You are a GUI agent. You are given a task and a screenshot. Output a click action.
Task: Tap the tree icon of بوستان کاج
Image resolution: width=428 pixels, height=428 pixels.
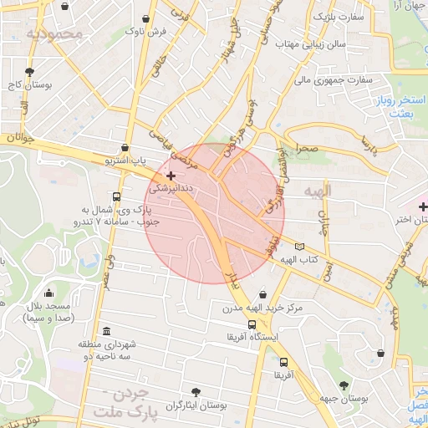click(29, 72)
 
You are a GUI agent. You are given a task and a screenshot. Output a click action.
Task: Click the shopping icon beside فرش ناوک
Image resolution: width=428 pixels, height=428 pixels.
click(146, 18)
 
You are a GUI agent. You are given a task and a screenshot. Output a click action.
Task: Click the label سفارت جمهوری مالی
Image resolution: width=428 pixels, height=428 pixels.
click(332, 80)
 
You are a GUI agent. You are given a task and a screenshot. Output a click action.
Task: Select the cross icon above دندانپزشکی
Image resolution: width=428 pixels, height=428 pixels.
click(171, 176)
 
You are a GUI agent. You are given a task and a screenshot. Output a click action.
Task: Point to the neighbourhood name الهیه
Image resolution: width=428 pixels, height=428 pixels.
click(318, 191)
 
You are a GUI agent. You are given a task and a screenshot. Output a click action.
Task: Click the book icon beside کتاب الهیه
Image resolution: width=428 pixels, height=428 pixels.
click(300, 247)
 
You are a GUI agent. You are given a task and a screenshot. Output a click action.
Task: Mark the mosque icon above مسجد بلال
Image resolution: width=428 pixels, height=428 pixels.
click(49, 293)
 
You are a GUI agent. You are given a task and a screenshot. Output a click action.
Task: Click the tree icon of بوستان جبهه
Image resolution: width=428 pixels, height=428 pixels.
click(344, 385)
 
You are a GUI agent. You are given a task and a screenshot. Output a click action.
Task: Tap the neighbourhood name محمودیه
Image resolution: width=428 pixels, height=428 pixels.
click(55, 34)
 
